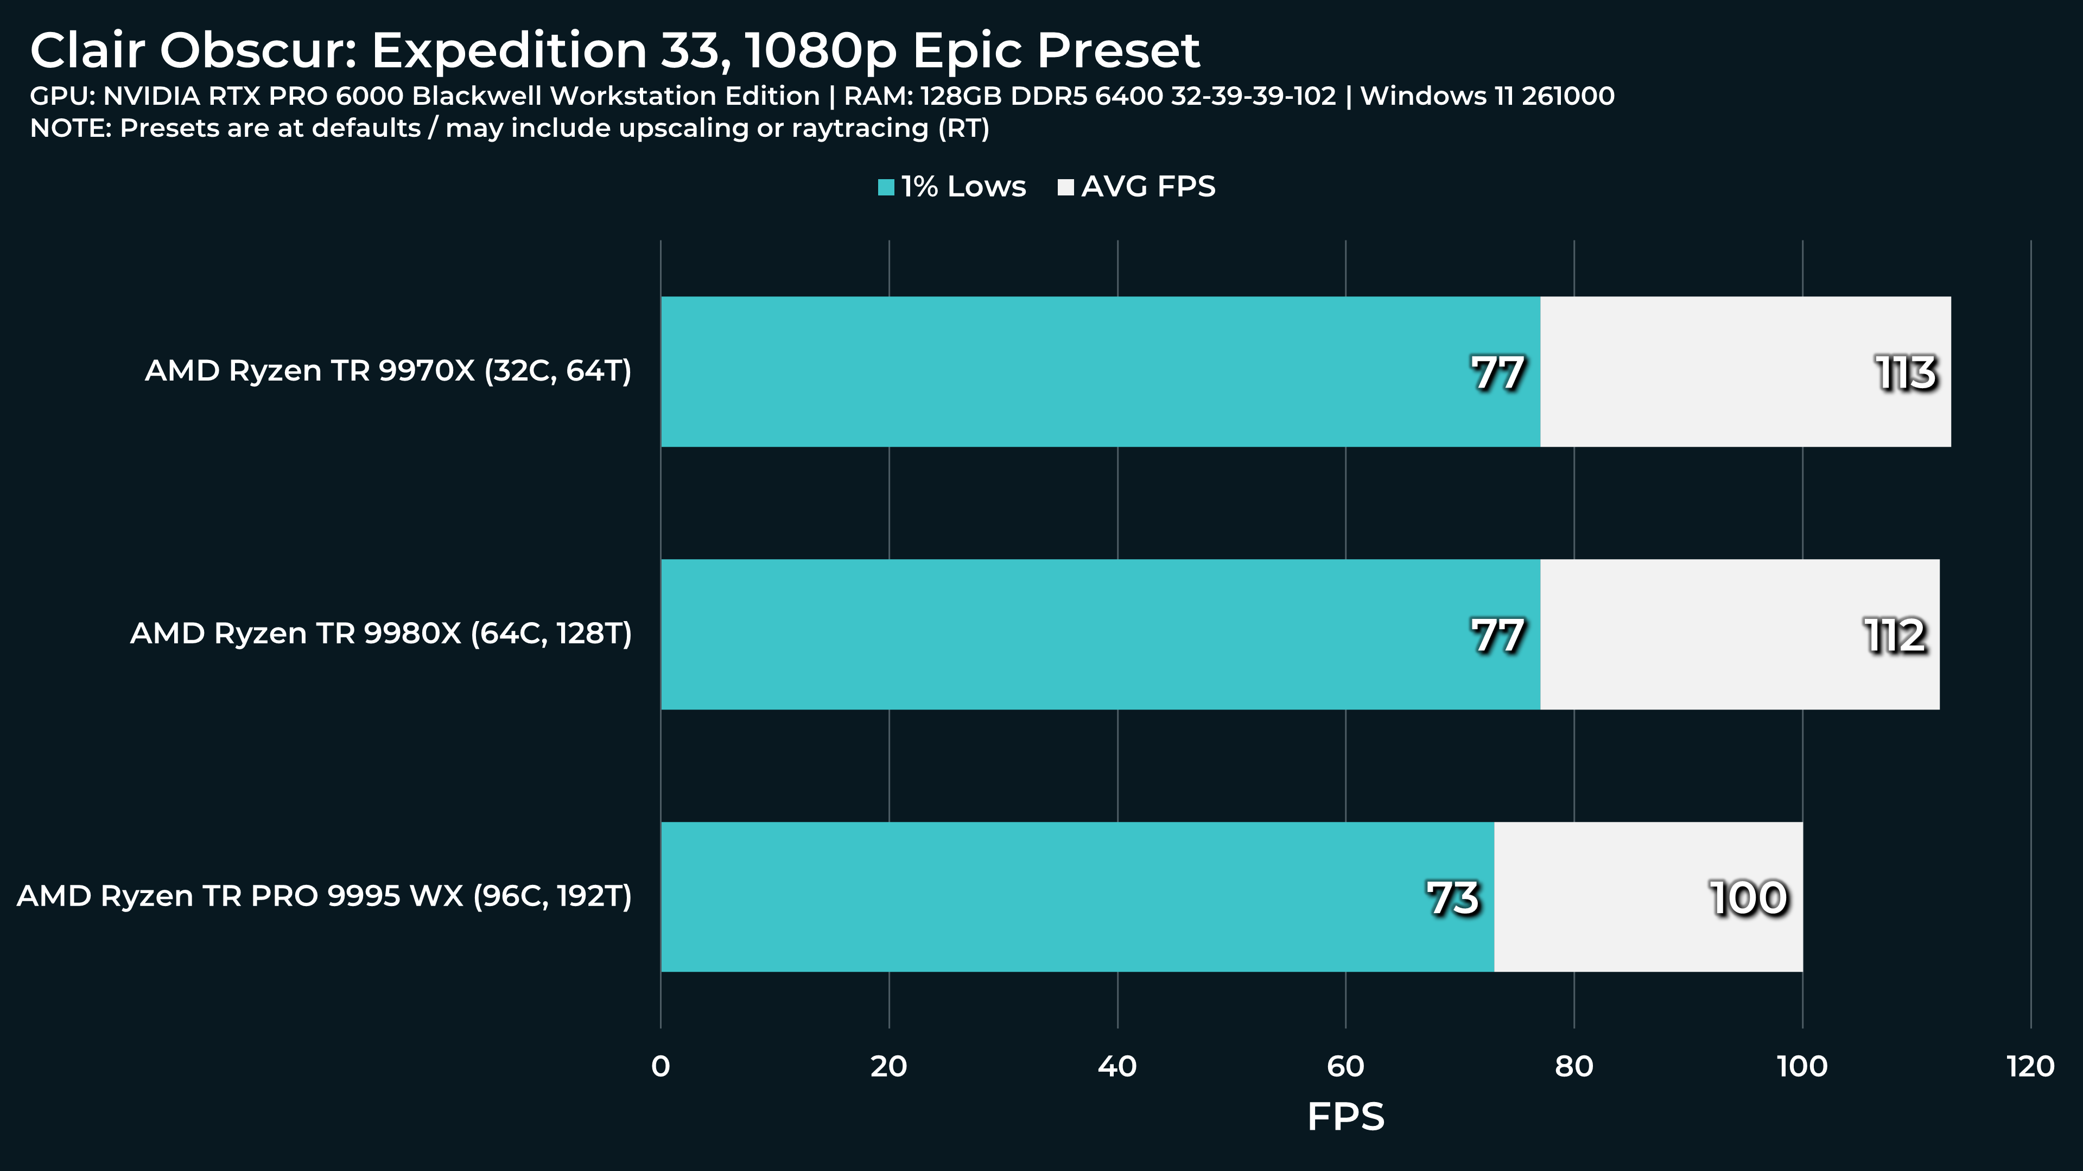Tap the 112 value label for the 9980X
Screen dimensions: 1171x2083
click(1895, 636)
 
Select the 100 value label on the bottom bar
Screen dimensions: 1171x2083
click(1748, 898)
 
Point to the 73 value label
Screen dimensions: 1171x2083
click(1452, 898)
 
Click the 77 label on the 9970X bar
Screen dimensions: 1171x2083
click(1497, 373)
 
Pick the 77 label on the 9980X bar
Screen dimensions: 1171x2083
click(1497, 636)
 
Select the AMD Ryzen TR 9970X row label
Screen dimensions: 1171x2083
click(388, 371)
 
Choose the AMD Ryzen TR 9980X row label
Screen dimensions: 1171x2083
click(381, 634)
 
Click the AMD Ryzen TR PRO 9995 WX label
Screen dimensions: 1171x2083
click(324, 896)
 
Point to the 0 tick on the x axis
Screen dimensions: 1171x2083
click(660, 1067)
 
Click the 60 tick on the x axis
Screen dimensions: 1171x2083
click(1345, 1067)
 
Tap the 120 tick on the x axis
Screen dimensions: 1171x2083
click(2030, 1067)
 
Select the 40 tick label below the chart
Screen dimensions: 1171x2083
click(1117, 1067)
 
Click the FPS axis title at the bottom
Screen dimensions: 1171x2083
click(1345, 1117)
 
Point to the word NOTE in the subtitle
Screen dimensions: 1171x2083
click(69, 128)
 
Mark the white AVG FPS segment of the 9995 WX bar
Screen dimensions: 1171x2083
click(1648, 896)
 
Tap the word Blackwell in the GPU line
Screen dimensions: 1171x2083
click(477, 96)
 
